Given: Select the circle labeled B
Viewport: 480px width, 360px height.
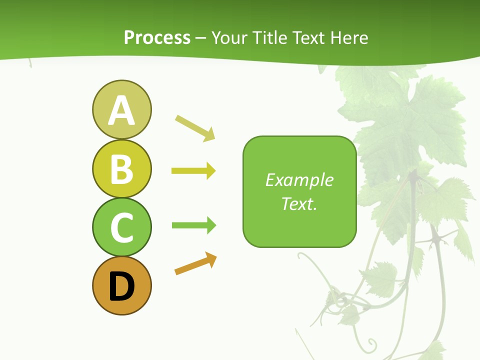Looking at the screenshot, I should click(x=121, y=168).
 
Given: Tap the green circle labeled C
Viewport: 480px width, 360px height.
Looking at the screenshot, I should click(x=121, y=227).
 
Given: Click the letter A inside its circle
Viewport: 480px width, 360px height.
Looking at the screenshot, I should click(x=121, y=110).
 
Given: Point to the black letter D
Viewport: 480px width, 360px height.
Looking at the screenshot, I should click(x=121, y=287).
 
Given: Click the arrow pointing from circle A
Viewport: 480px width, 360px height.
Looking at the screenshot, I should click(x=195, y=128).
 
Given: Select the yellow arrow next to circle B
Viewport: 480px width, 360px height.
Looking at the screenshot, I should click(x=193, y=171).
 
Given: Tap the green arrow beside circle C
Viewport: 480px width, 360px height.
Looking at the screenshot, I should click(x=193, y=225).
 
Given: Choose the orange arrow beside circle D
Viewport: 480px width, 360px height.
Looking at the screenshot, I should click(x=195, y=263).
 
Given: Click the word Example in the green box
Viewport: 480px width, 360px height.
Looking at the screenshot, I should click(x=299, y=180).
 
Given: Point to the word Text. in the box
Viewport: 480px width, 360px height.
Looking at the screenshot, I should click(x=299, y=203).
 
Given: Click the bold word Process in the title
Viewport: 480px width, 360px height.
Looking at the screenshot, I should click(x=157, y=37).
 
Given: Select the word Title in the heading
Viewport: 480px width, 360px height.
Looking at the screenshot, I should click(x=270, y=37).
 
